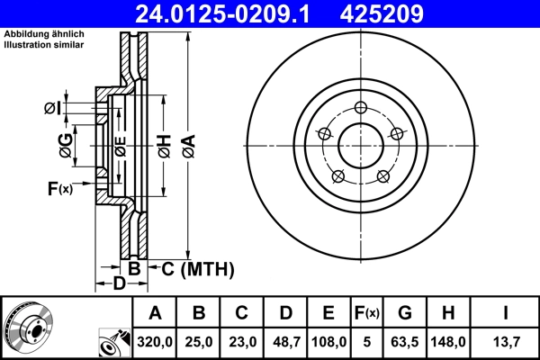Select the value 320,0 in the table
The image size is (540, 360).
coord(155,342)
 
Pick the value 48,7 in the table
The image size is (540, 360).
coord(285,342)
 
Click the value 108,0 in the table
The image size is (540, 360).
coord(328,342)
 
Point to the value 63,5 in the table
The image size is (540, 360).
coord(405,342)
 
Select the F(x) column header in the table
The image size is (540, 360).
coord(366,313)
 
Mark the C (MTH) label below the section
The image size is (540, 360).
coord(197,267)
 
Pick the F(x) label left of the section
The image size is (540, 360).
coord(59,188)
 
